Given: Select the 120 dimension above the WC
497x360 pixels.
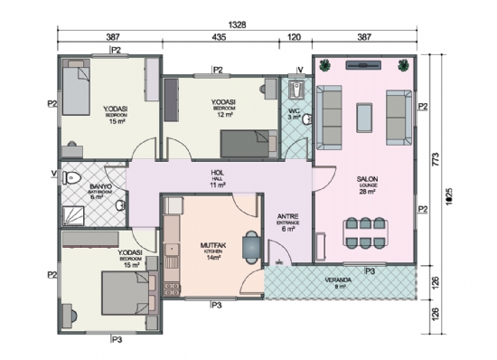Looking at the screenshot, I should click(295, 39).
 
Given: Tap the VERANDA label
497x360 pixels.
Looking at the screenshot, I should click(339, 280).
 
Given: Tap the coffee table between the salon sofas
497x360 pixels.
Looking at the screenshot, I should click(364, 116).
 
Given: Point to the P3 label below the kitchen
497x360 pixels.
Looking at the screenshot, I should click(216, 306).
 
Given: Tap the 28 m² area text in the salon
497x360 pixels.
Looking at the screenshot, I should click(366, 193).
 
